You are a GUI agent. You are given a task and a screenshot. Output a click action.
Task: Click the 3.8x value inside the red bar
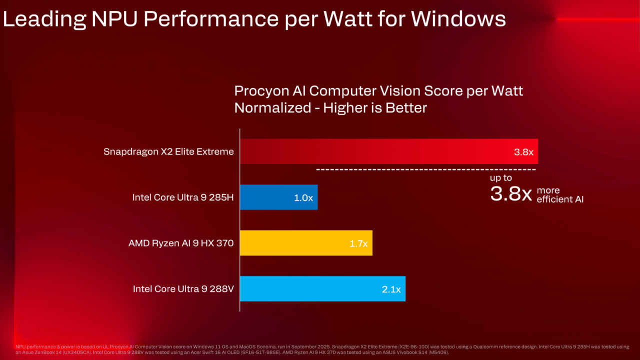point(524,152)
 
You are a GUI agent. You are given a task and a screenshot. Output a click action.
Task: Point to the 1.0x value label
point(303,197)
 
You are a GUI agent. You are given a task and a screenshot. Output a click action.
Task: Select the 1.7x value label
point(358,243)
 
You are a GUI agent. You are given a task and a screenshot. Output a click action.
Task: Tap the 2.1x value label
point(391,289)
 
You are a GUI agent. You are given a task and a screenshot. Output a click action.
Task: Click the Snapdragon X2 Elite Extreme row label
point(168,151)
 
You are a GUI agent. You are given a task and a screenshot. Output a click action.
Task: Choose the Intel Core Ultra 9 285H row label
point(183,197)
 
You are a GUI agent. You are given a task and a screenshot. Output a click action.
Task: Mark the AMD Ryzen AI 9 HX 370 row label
point(181,243)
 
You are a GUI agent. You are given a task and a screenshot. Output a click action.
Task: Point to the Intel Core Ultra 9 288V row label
point(183,288)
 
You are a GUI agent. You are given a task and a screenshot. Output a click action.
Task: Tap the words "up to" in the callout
point(500,177)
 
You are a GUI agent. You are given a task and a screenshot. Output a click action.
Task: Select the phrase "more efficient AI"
point(559,195)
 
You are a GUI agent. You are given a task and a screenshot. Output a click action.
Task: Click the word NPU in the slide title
point(116,19)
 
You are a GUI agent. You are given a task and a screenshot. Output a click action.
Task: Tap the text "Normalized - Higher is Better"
point(330,107)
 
